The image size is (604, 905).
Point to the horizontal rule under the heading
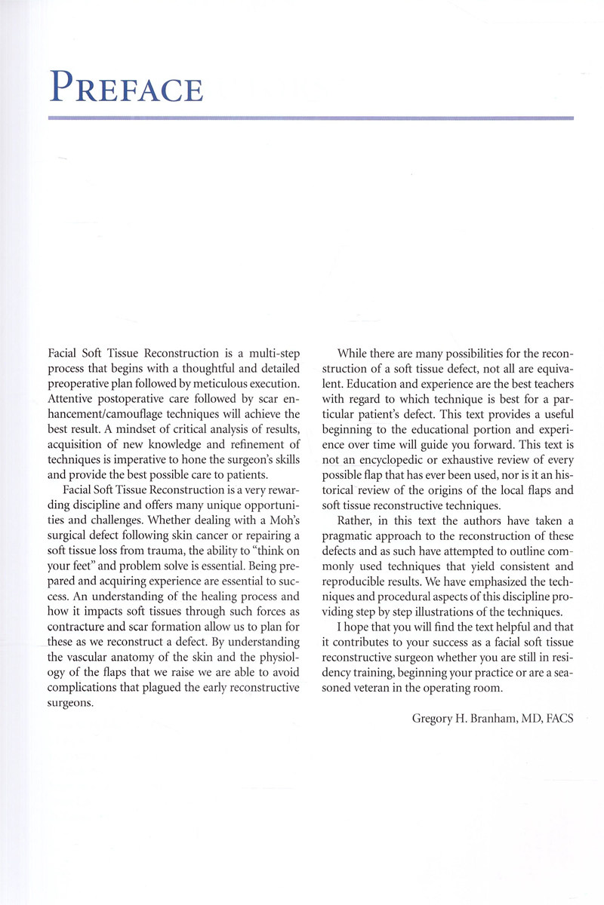pyautogui.click(x=310, y=118)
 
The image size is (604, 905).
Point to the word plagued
pyautogui.click(x=170, y=688)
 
